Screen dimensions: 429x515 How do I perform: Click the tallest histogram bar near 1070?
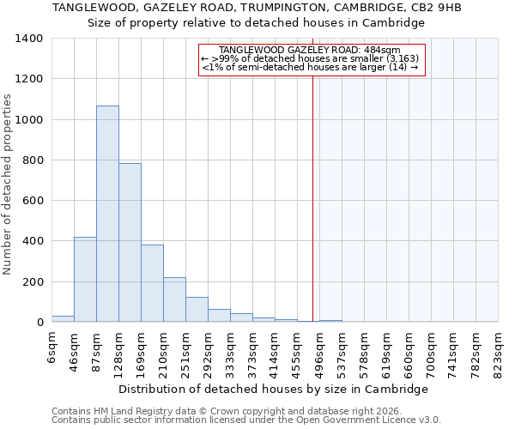tap(107, 214)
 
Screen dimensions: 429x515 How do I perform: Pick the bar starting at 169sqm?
tap(152, 283)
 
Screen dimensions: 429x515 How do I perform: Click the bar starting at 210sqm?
tap(174, 299)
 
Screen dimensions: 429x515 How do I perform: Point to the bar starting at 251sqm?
tap(197, 310)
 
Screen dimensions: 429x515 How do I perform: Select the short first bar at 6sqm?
tap(63, 318)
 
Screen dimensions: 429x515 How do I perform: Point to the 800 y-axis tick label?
tap(32, 160)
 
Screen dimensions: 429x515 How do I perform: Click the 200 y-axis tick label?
tap(32, 282)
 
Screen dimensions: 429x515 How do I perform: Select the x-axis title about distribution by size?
tap(273, 389)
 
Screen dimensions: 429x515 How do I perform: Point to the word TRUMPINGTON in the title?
tap(268, 8)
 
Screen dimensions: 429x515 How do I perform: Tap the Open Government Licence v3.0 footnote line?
tap(246, 420)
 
